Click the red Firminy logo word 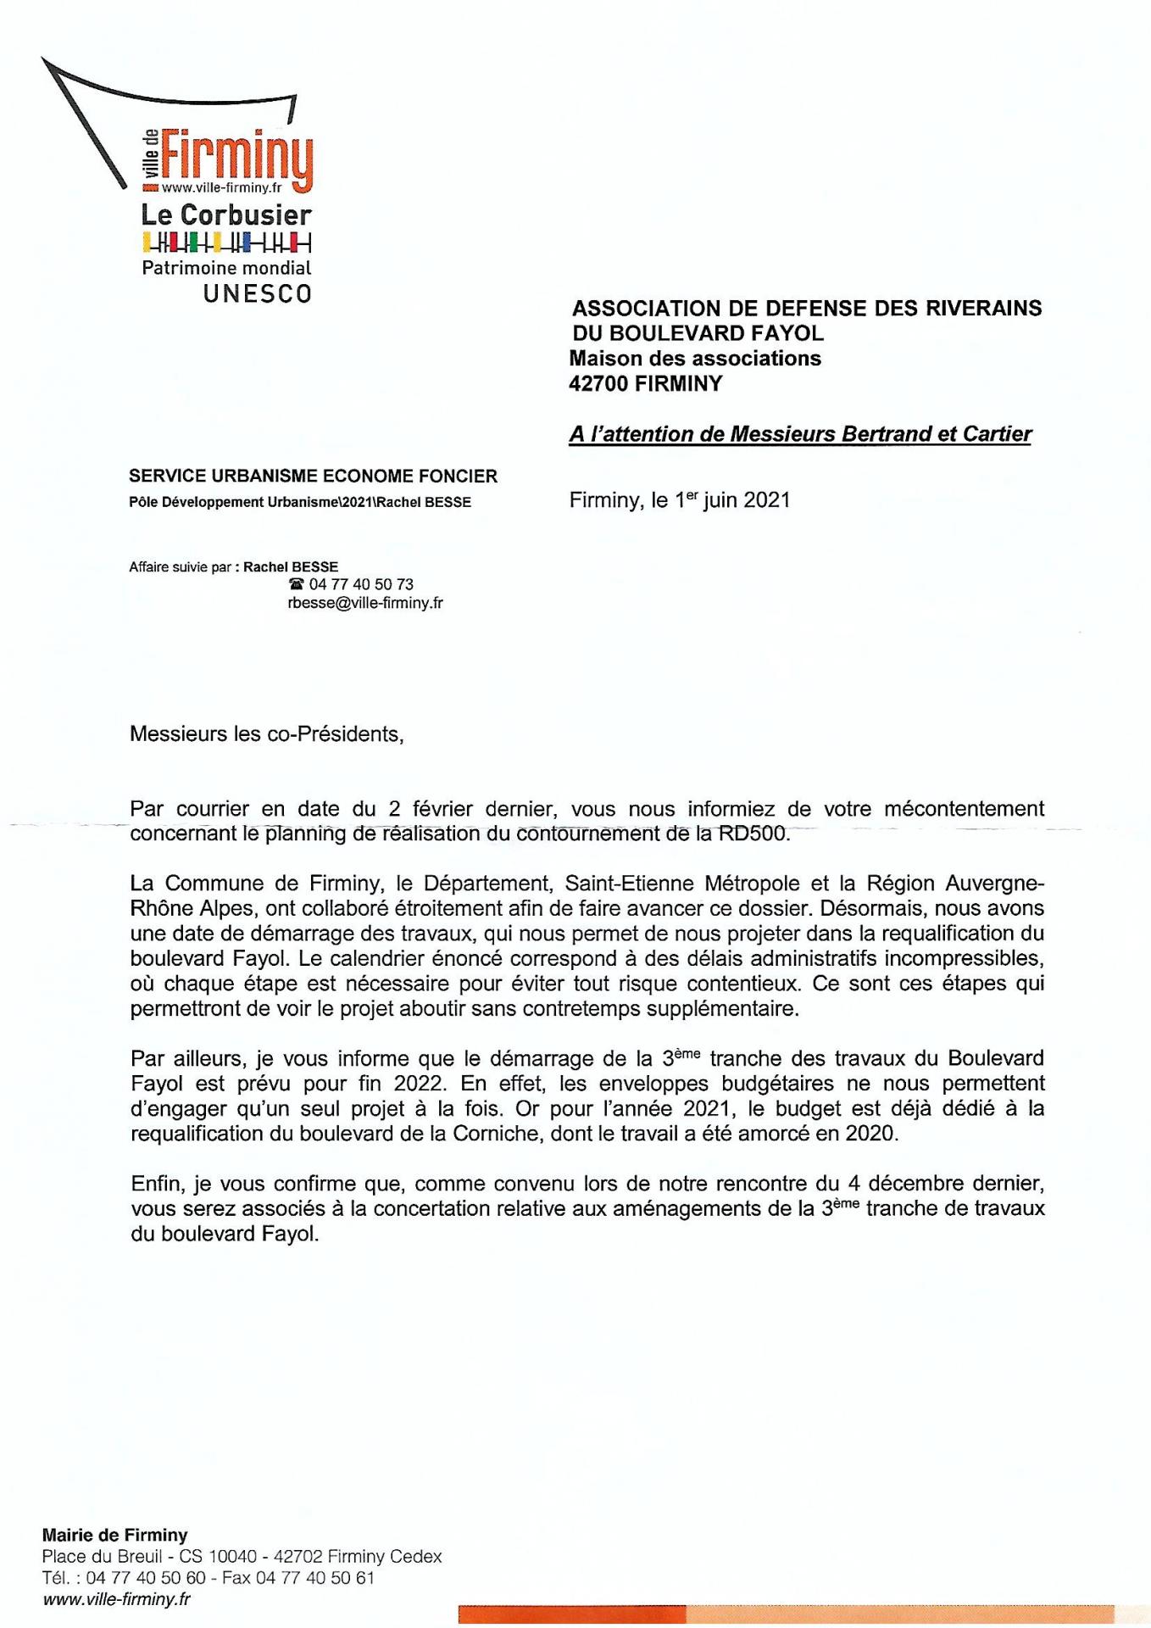click(x=236, y=159)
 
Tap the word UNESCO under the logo click(x=257, y=294)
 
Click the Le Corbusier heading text click(x=226, y=215)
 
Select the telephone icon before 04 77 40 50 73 click(x=296, y=584)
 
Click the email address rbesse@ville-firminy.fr click(x=365, y=603)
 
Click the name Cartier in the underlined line click(x=997, y=434)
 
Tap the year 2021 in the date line click(x=766, y=500)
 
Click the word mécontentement click(x=964, y=809)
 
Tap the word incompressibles click(x=968, y=959)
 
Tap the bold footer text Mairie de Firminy click(x=114, y=1535)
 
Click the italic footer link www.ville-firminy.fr click(x=116, y=1599)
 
